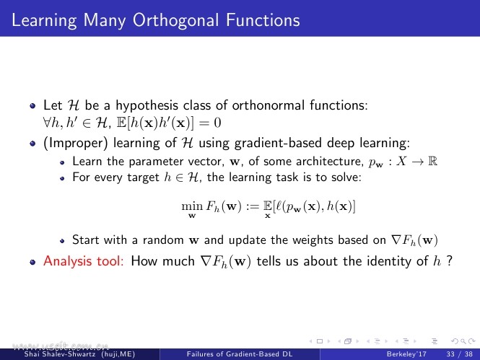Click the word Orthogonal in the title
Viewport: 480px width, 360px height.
(176, 21)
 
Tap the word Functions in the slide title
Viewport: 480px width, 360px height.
(263, 20)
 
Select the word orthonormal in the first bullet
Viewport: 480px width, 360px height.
(268, 105)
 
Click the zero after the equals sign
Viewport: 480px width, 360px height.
(217, 123)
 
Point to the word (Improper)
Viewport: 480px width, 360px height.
(76, 143)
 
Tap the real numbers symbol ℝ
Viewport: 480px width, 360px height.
(432, 161)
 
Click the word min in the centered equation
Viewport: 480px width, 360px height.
(192, 206)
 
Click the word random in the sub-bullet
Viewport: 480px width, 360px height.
(163, 240)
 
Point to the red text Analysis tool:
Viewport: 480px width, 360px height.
(83, 261)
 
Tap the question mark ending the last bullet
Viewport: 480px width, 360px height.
(449, 260)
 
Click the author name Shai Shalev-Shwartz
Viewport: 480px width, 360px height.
(60, 354)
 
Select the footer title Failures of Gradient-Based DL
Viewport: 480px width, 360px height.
(240, 354)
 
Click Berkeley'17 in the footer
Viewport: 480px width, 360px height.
(406, 354)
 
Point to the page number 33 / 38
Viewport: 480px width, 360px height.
(460, 354)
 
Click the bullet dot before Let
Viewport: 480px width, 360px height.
(32, 106)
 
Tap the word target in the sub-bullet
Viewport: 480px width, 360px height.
(143, 177)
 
